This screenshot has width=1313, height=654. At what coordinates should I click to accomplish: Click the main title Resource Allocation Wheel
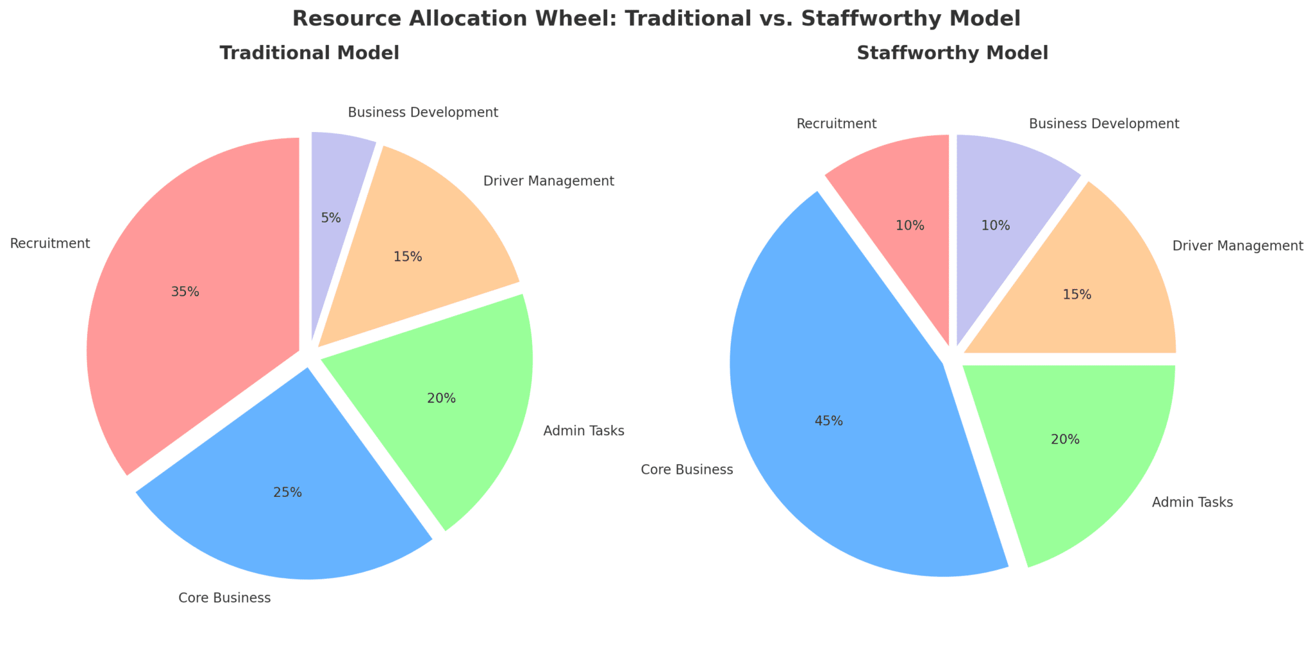coord(656,19)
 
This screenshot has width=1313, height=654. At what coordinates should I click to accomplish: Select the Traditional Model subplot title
coord(309,53)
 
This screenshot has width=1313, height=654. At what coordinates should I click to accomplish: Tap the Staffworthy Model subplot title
coord(952,53)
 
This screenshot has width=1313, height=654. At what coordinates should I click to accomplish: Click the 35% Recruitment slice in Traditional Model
coord(192,308)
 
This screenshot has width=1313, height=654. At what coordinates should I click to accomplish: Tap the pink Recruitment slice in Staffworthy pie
coord(904,205)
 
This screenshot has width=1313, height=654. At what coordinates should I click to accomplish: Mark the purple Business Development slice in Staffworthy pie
coord(1000,205)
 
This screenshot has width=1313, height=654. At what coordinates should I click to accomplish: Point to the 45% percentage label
coord(828,421)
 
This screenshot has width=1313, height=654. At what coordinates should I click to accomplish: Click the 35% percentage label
coord(185,292)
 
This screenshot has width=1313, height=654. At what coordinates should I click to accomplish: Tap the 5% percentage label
coord(330,218)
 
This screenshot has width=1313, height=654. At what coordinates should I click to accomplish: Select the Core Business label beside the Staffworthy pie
coord(687,470)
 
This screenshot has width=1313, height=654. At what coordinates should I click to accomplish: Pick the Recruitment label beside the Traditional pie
coord(49,244)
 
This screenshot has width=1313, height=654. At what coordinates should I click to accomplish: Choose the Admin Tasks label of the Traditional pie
coord(583,431)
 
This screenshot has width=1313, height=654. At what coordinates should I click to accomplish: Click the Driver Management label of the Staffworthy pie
coord(1237,246)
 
